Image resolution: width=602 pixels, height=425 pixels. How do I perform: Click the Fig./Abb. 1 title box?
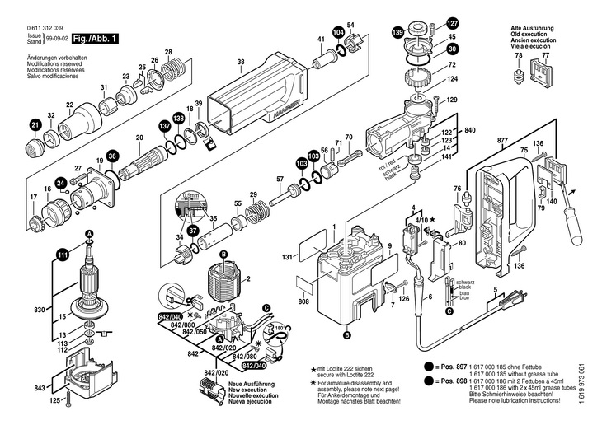coord(94,39)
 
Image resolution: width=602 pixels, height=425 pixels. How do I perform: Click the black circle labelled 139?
coord(397,33)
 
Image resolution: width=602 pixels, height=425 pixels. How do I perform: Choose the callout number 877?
coord(502,140)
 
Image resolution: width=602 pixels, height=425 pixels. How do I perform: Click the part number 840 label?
coord(470,132)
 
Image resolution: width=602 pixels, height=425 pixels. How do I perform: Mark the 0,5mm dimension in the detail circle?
coord(191,196)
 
